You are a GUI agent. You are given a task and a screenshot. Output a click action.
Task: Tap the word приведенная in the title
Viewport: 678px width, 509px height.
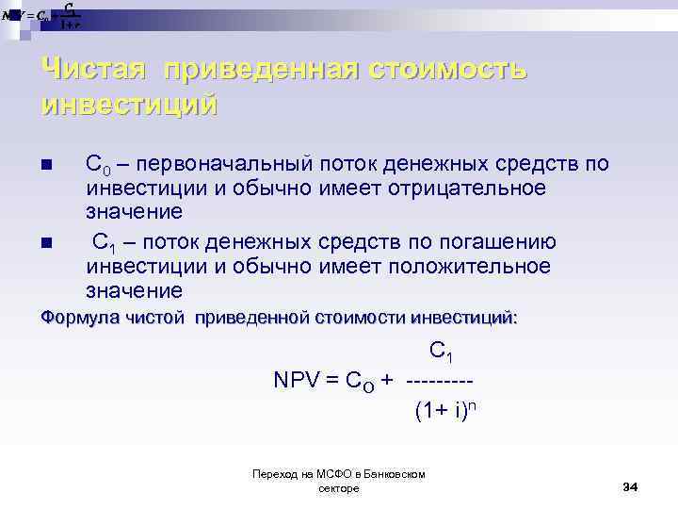(260, 69)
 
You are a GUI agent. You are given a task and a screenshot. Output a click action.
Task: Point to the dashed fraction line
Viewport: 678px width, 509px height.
(440, 380)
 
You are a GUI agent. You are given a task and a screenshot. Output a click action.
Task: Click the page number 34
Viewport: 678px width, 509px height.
(630, 485)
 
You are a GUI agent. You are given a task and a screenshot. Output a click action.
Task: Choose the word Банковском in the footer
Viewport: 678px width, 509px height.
(395, 474)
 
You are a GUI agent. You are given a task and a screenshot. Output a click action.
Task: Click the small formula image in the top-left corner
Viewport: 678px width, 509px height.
(42, 16)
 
